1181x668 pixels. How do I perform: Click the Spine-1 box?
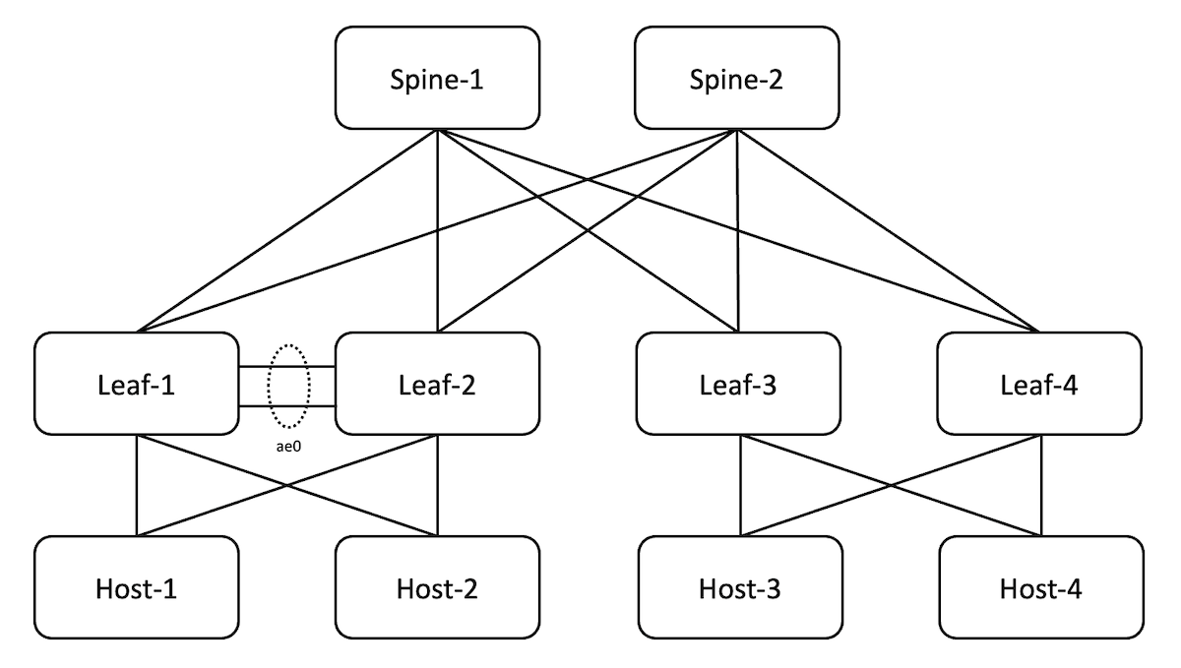[437, 78]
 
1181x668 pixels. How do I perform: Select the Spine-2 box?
[737, 78]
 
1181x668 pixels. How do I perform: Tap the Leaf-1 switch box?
[136, 384]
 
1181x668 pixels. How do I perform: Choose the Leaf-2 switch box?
[437, 384]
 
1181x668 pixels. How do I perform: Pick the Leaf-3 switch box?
[738, 384]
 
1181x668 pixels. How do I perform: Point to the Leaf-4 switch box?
[1039, 384]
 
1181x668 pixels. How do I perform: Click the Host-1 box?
[136, 587]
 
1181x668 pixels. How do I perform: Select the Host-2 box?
[437, 587]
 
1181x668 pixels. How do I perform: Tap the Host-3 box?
[738, 587]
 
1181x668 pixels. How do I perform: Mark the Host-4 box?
[1039, 587]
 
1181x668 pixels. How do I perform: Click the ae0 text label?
[286, 446]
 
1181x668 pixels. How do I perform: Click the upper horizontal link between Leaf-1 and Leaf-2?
[254, 366]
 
